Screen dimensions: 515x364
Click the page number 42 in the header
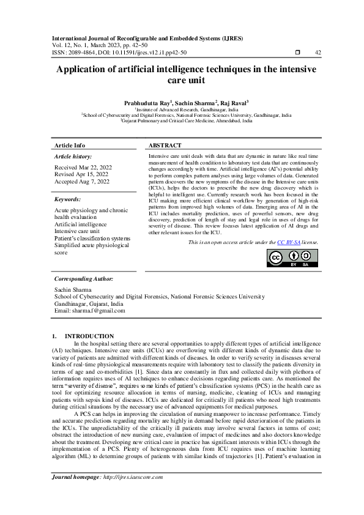point(318,53)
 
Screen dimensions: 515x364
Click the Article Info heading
point(70,146)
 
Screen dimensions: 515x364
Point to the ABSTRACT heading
point(165,146)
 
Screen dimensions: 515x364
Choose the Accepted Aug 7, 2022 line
point(82,182)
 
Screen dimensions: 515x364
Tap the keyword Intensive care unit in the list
point(77,232)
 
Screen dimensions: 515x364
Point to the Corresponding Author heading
point(84,278)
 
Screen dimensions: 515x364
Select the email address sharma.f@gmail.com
point(98,310)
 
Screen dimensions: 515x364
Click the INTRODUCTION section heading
point(89,336)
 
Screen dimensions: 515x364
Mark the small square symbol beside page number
point(297,53)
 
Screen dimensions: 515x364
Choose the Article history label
point(74,157)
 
